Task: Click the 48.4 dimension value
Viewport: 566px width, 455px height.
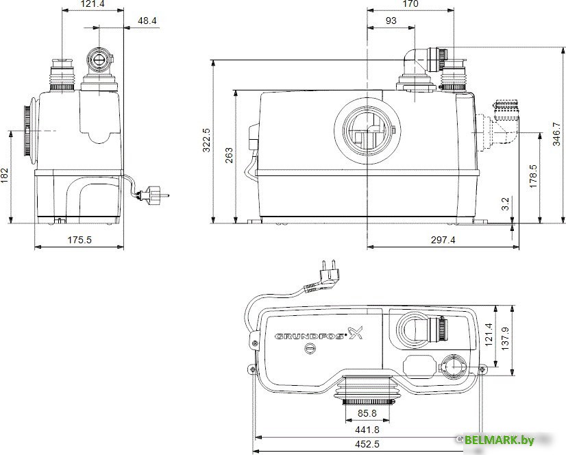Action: pos(147,21)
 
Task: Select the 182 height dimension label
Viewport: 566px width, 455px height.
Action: pos(5,176)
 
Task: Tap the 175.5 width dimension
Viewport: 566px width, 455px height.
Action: pos(79,241)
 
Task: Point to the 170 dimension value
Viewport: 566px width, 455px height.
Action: pos(410,4)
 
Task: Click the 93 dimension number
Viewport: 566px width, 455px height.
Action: pos(391,21)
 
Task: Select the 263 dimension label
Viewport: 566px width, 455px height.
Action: pos(228,157)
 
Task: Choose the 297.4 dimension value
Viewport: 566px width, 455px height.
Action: pos(443,241)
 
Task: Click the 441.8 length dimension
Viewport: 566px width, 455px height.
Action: pos(367,430)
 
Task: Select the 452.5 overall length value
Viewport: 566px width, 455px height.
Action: pos(367,445)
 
